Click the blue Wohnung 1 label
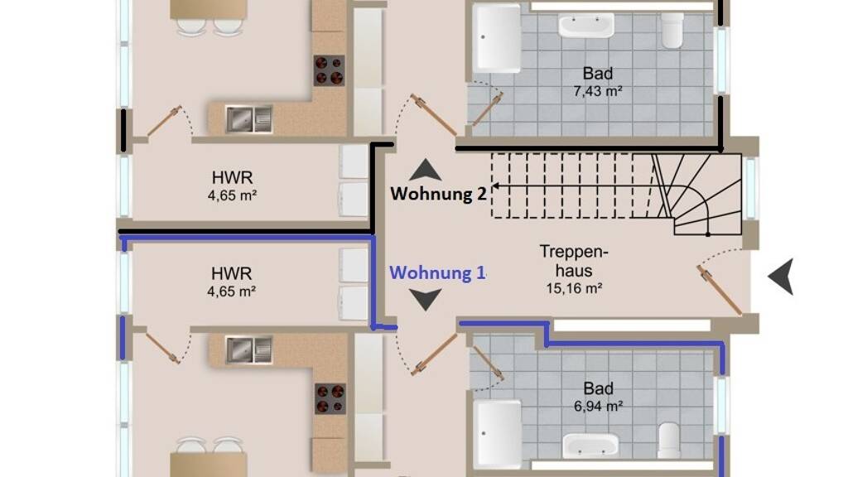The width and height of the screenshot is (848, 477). coord(437,272)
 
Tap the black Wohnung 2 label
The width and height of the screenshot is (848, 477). coord(439,194)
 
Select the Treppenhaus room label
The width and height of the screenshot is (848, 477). coord(574,261)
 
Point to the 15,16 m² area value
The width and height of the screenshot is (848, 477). coord(574,289)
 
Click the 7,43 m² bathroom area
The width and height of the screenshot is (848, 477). coord(598,91)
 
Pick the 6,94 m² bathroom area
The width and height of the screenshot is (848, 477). coord(598,406)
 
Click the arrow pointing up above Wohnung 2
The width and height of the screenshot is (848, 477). coord(425,170)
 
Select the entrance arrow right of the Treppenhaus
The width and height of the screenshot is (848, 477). coord(782,277)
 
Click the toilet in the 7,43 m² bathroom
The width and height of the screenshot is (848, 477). coord(672,30)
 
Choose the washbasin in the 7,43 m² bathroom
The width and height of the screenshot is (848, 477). coord(586,25)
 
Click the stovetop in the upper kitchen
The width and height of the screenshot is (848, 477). coord(330,70)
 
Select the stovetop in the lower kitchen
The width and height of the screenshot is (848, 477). coord(330,398)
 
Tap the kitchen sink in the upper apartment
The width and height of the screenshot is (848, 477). coord(248,119)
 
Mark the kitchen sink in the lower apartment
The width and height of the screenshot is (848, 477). coord(248,349)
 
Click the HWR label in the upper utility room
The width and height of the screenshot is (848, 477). coord(232,177)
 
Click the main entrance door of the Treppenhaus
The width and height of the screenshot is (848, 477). coord(720,290)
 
